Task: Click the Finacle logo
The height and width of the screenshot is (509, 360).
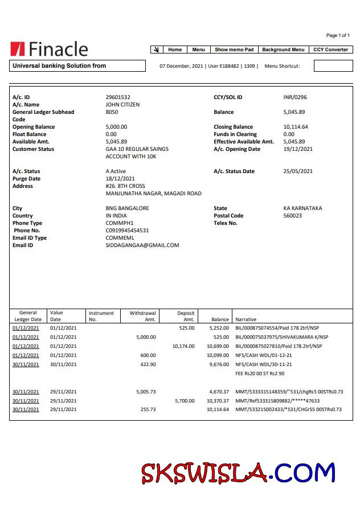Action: point(49,49)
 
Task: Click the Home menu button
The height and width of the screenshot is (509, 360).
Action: point(175,50)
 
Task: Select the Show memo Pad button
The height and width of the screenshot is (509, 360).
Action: point(234,50)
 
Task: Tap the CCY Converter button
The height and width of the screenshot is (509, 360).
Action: point(330,50)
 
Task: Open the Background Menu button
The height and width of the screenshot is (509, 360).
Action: point(283,50)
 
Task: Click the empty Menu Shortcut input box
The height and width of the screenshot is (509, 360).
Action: point(333,66)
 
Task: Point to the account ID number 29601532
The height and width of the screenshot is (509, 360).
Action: point(118,97)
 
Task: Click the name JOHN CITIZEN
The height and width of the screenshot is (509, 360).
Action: point(122,105)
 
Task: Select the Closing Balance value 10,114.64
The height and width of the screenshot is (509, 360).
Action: point(296,127)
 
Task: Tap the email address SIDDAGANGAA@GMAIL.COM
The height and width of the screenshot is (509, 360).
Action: point(142,245)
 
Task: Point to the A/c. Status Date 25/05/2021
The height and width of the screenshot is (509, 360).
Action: point(298,171)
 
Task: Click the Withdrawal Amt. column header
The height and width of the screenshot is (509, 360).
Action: point(142,316)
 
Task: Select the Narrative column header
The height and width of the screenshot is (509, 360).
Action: point(246,319)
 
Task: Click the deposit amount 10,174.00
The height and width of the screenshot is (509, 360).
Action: point(183,346)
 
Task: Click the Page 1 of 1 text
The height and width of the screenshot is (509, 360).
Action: point(338,35)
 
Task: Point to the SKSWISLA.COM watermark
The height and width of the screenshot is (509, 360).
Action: point(238,473)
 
